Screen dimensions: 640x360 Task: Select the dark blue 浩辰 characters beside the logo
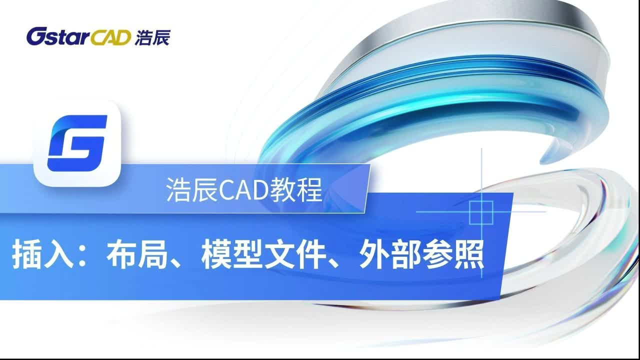pyautogui.click(x=153, y=37)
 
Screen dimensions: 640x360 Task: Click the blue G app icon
pyautogui.click(x=77, y=143)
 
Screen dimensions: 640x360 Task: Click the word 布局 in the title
pyautogui.click(x=136, y=254)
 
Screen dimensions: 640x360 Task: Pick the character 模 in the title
pyautogui.click(x=216, y=254)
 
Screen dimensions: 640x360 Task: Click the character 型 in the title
pyautogui.click(x=247, y=254)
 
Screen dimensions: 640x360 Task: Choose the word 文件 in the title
pyautogui.click(x=295, y=254)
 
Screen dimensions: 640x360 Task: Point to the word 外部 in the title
pyautogui.click(x=389, y=254)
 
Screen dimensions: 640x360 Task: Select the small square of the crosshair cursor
pyautogui.click(x=481, y=212)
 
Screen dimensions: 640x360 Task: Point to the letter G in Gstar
pyautogui.click(x=35, y=36)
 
